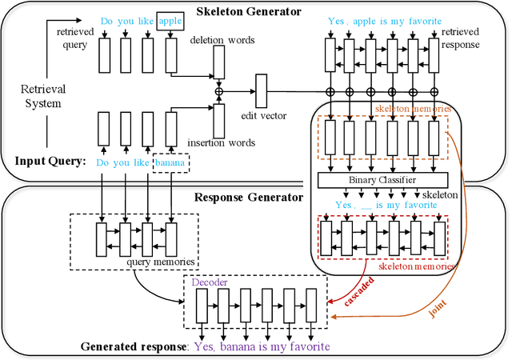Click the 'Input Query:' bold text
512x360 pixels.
click(x=50, y=162)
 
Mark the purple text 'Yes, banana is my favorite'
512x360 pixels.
click(x=261, y=346)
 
